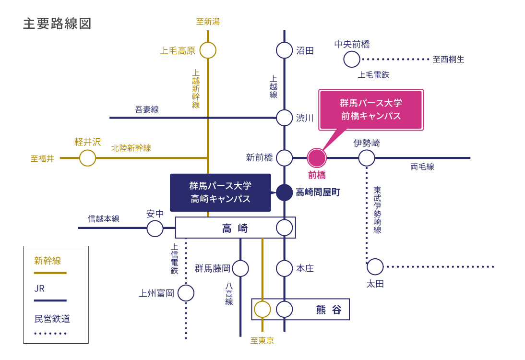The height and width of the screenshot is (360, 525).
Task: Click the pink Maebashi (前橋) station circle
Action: (x=317, y=158)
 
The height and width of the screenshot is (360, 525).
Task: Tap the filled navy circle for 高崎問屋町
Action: (x=285, y=192)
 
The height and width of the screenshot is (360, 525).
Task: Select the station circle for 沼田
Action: (x=285, y=50)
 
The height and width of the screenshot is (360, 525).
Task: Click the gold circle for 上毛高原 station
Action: (x=208, y=50)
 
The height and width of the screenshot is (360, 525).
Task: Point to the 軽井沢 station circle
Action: (x=87, y=158)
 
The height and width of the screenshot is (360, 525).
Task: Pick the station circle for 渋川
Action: (x=285, y=118)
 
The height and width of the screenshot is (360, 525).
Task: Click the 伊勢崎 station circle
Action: (x=367, y=158)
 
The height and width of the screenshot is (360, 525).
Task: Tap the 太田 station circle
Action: (x=375, y=266)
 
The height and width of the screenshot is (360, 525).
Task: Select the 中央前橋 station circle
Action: (x=352, y=60)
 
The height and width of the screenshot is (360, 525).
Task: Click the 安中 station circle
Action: (x=155, y=228)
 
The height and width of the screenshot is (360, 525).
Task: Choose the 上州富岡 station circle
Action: (x=186, y=293)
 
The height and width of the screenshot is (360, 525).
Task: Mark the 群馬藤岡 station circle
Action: (x=240, y=268)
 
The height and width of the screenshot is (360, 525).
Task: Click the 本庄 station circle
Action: (x=285, y=268)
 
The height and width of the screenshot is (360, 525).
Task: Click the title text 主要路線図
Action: (x=57, y=24)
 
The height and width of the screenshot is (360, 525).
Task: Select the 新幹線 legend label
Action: (x=48, y=261)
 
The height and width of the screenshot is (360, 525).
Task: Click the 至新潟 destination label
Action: (x=208, y=22)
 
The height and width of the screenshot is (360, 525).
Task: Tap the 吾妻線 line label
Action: (x=147, y=109)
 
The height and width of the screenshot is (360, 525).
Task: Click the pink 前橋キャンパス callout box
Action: (x=370, y=109)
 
